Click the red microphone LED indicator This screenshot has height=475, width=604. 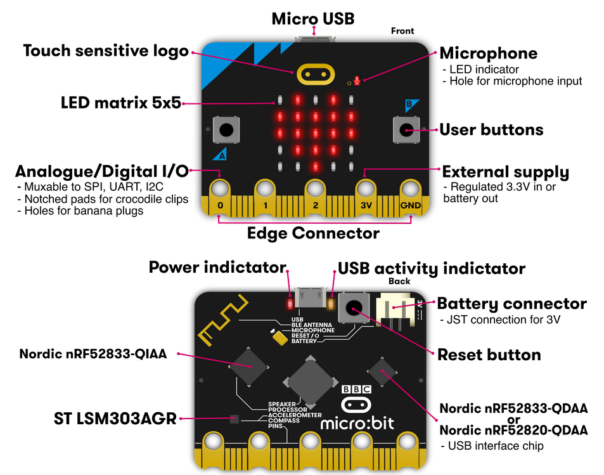coord(357,81)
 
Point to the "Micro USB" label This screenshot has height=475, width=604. coord(312,18)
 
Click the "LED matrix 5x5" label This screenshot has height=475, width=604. coord(121,103)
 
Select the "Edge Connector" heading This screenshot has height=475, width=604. coord(313,233)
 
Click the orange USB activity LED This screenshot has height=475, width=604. coord(330,303)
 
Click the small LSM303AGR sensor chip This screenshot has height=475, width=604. coord(234,419)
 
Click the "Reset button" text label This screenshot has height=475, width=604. coord(489,355)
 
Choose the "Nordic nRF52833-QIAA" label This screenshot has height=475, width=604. coord(93,354)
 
